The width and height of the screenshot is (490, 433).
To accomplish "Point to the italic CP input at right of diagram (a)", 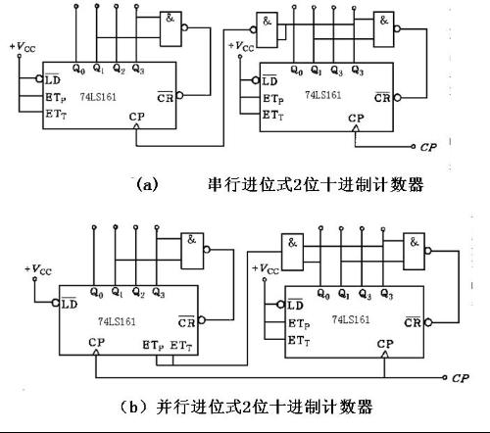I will pyautogui.click(x=427, y=151).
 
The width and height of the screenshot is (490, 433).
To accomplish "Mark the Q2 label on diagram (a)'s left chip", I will pyautogui.click(x=120, y=69).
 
